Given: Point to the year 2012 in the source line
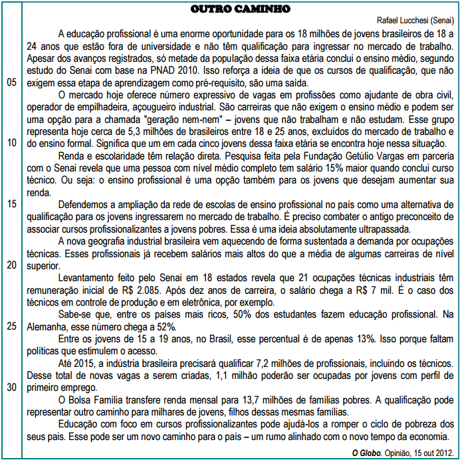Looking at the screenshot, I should tap(444, 452).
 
